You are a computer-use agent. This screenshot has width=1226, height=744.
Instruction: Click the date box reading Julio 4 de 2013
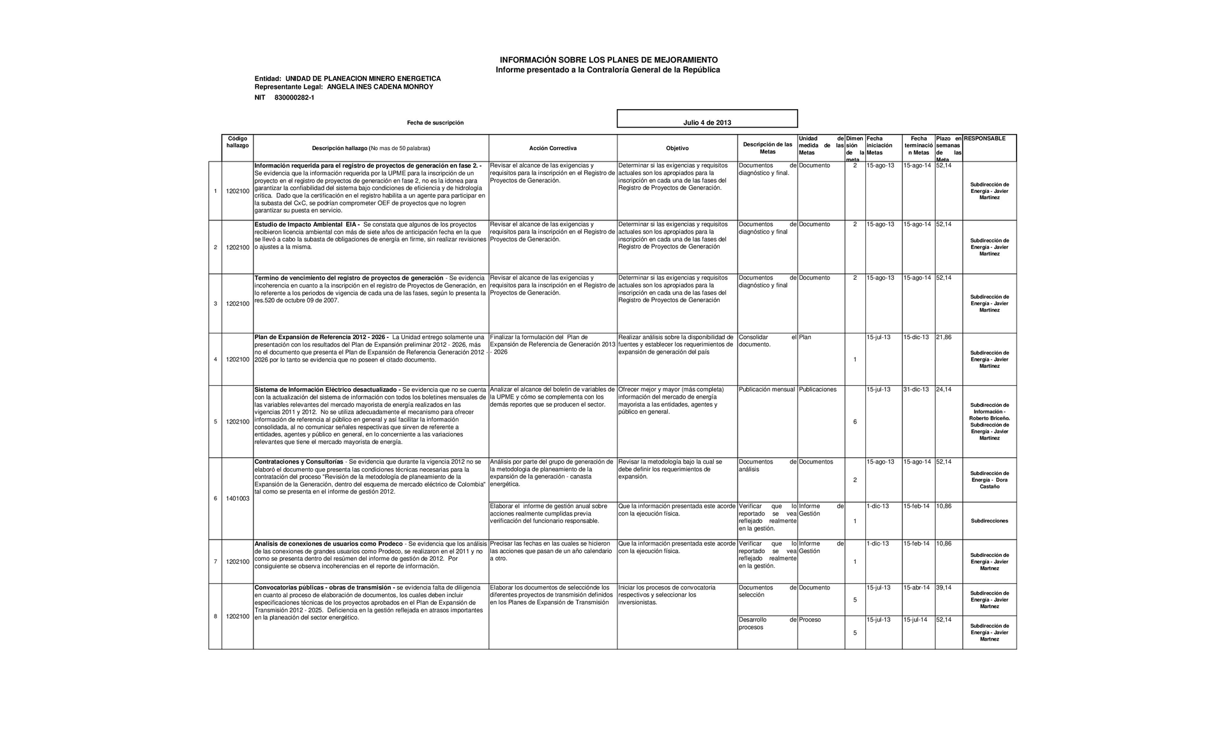tap(707, 123)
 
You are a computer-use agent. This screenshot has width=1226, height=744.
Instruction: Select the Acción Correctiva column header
tap(552, 148)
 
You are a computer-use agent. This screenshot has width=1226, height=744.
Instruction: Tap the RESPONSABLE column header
tap(984, 139)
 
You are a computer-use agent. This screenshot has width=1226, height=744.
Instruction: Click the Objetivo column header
tap(677, 148)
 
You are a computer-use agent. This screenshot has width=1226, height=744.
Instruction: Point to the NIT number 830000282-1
tap(294, 98)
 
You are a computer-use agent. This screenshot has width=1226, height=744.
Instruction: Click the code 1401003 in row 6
tap(238, 499)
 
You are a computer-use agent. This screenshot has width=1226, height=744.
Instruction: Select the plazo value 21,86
tap(944, 337)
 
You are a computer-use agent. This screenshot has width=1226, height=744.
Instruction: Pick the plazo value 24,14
tap(944, 390)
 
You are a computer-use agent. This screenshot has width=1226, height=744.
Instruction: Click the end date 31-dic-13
tap(916, 390)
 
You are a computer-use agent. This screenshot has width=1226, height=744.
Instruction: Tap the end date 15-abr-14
tap(916, 588)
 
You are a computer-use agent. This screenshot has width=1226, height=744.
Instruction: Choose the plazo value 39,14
tap(944, 588)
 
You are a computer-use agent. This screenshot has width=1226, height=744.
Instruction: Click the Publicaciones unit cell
tap(817, 390)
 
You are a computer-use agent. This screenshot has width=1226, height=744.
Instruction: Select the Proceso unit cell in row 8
tap(810, 620)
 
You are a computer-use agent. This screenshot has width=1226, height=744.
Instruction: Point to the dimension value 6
tap(855, 422)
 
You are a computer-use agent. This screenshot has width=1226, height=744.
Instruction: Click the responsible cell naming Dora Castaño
tap(989, 480)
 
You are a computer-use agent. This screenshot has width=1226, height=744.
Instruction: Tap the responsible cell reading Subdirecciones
tap(989, 521)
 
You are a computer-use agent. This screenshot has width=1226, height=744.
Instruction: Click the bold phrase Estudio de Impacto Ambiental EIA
tap(306, 225)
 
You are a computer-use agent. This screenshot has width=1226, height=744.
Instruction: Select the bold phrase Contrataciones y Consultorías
tap(299, 462)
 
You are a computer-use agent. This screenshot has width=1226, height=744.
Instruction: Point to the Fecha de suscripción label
tap(435, 123)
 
